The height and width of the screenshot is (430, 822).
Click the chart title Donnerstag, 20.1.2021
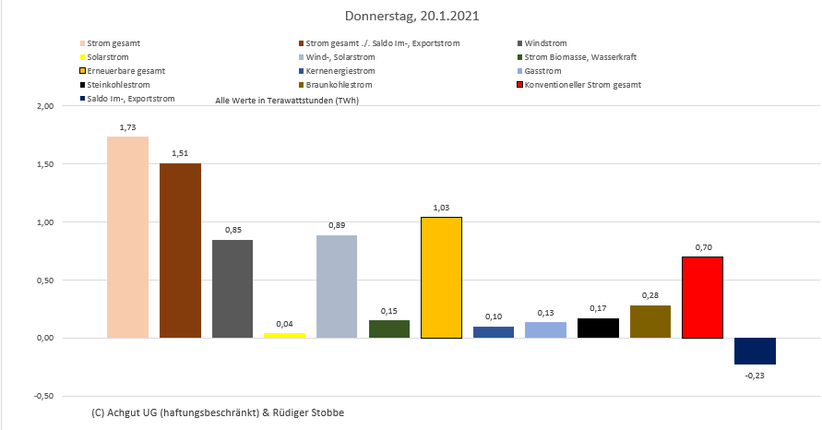click(411, 17)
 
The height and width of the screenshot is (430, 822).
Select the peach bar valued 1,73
click(127, 237)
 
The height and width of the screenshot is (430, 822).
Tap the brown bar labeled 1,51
click(180, 250)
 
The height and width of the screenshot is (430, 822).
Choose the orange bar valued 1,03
click(441, 277)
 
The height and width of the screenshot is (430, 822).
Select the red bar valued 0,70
click(702, 297)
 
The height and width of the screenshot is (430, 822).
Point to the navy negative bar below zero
click(755, 351)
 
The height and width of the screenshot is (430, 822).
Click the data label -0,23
click(755, 376)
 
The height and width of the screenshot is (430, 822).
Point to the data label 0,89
click(337, 225)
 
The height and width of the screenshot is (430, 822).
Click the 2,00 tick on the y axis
click(44, 107)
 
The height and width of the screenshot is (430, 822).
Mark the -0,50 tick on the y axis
click(43, 396)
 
